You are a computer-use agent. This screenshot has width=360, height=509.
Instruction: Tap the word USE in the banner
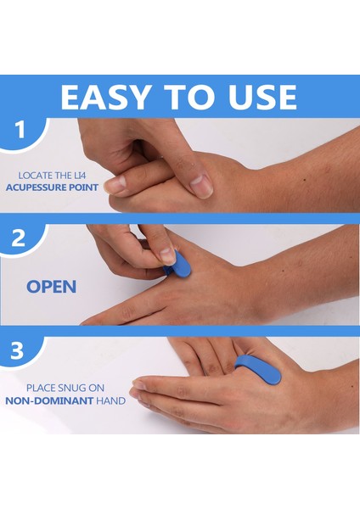pos(262,97)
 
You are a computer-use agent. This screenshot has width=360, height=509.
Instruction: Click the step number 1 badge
pos(20,130)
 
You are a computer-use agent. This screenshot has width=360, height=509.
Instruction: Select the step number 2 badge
pos(19,238)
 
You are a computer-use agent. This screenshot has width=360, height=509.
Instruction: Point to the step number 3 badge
pos(17,350)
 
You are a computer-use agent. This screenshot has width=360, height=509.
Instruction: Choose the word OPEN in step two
pos(51,287)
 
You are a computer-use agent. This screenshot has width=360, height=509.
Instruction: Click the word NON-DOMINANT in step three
pos(49,400)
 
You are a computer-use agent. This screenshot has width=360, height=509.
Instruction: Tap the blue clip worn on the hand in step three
pos(258,368)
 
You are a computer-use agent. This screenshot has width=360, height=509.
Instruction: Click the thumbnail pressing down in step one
pos(201,186)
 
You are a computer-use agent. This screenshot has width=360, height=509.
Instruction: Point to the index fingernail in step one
pos(116,184)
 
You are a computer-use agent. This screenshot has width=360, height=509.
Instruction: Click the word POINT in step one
pos(84,187)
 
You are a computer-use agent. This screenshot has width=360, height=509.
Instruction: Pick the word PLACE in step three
pos(40,388)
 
